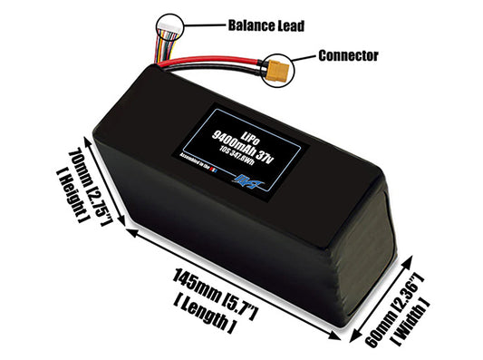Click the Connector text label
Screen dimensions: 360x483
pyautogui.click(x=348, y=55)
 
